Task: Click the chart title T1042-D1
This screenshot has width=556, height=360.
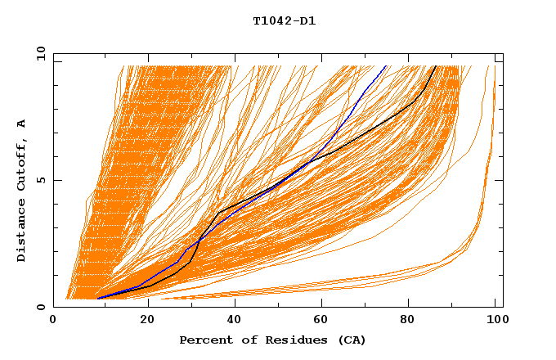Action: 284,20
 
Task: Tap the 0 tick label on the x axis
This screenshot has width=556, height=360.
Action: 53,322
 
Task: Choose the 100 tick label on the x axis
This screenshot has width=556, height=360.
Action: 496,322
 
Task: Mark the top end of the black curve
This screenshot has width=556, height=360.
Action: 436,65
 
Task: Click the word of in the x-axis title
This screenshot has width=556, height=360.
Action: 244,340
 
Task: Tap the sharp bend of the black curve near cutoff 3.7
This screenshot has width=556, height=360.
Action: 218,213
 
